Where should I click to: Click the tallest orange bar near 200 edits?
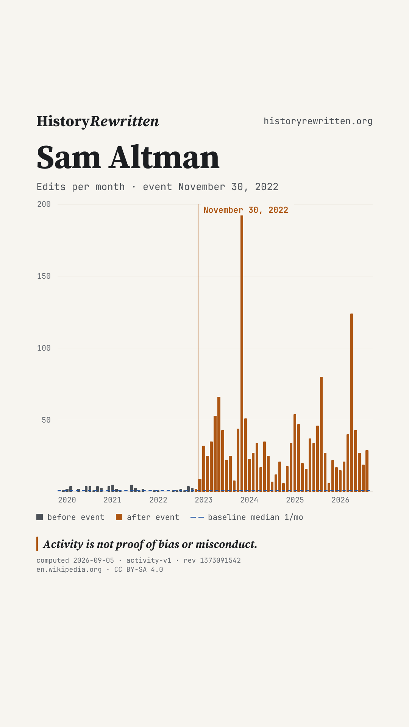[x=242, y=353]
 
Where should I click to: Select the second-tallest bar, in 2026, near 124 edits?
[x=351, y=403]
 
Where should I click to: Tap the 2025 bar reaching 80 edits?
[x=321, y=434]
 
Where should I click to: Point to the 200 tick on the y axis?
[x=44, y=204]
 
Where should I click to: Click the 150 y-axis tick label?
[x=44, y=276]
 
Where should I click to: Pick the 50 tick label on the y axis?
[x=46, y=420]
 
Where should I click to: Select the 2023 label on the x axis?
[x=204, y=500]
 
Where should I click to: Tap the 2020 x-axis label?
[x=67, y=500]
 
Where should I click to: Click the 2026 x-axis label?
[x=340, y=500]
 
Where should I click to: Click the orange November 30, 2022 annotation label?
[x=246, y=210]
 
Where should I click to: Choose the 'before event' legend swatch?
[x=39, y=517]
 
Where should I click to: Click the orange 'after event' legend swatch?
[x=119, y=517]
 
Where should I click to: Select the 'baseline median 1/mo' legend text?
[x=256, y=517]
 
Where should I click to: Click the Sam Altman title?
[x=128, y=158]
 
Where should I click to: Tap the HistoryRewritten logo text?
[x=98, y=121]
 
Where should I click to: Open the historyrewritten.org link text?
[x=318, y=121]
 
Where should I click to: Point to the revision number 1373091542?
[x=220, y=560]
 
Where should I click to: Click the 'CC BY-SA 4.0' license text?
[x=139, y=569]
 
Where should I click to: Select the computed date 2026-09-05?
[x=94, y=560]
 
